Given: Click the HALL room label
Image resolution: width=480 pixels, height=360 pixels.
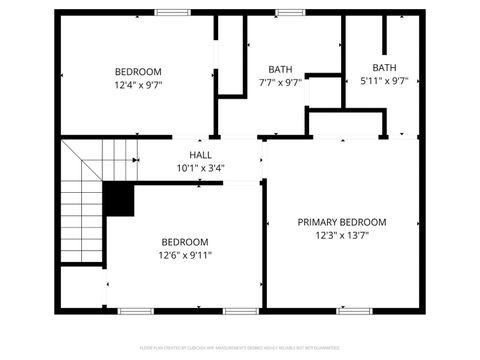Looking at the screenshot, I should point(200,155).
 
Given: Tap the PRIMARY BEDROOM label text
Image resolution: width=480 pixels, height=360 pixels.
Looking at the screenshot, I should point(342,222).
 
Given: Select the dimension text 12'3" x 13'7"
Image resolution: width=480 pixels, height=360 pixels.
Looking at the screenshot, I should point(342,236).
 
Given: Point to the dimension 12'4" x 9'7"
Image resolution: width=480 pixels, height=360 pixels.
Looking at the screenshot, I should point(138,86).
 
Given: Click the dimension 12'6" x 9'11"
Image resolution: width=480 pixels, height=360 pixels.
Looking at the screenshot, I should point(185,255).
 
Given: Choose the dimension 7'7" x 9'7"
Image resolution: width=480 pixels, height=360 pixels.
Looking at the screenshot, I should point(280,83).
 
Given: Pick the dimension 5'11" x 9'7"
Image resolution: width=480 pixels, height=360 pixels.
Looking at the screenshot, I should point(384,82).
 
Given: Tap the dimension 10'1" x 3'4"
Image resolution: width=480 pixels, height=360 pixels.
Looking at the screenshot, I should point(200,168).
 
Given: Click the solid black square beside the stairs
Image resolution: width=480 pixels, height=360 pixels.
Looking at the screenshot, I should point(119,199).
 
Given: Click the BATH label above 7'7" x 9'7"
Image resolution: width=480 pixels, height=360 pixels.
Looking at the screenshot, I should point(280,69).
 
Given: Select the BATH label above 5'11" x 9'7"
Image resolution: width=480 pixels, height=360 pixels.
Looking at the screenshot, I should point(384,68).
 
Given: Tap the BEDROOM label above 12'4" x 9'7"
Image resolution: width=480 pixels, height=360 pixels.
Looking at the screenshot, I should point(138,72).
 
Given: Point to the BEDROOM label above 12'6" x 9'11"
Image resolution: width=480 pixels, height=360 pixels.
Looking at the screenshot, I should point(185,242).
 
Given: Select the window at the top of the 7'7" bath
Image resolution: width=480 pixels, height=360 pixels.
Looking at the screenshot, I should point(291,12).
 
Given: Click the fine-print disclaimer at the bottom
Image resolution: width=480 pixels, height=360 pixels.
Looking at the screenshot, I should point(240,349).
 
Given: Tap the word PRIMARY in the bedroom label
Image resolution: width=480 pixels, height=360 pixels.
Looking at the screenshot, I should point(319,222).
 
